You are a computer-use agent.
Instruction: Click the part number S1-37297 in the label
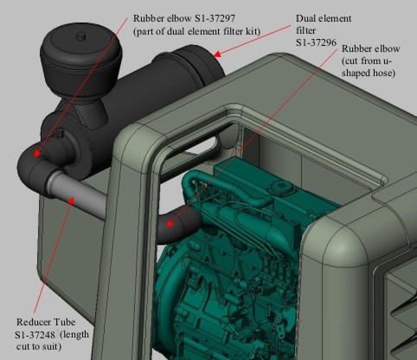(215, 18)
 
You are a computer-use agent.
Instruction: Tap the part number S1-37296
(316, 42)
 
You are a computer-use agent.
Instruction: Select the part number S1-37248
(35, 335)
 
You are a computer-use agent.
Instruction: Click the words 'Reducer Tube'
(46, 322)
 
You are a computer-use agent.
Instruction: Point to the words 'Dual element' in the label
(324, 18)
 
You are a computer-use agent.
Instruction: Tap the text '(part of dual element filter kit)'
(196, 31)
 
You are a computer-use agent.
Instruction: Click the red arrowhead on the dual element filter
(218, 54)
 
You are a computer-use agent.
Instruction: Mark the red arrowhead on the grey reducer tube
(72, 200)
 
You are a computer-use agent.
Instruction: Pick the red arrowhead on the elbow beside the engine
(170, 224)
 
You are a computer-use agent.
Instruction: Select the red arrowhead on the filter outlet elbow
(36, 153)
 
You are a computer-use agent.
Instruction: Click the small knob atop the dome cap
(81, 36)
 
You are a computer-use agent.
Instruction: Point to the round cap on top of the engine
(280, 188)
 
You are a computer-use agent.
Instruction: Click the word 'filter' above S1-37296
(305, 30)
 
